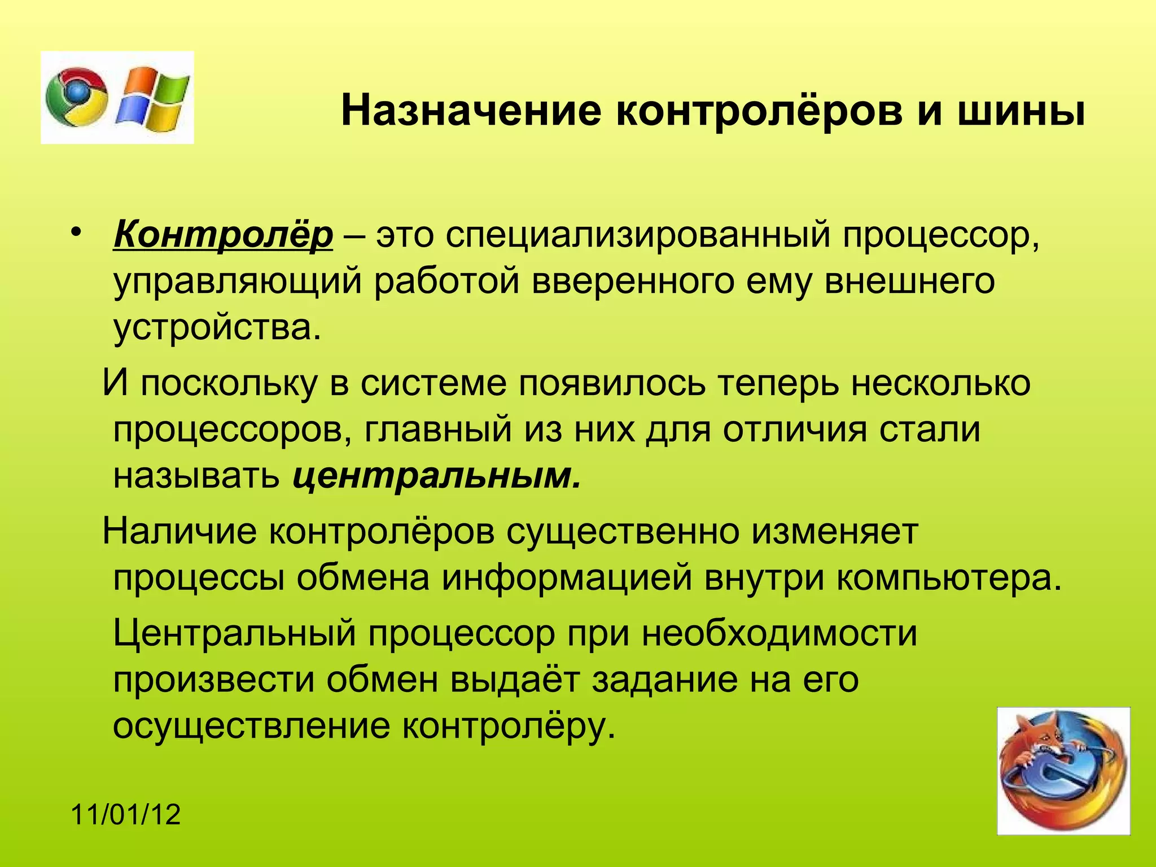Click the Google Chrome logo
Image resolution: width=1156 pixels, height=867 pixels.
pyautogui.click(x=77, y=97)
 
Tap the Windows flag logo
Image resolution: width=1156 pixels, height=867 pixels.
pyautogui.click(x=152, y=97)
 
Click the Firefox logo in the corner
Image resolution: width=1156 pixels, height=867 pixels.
pyautogui.click(x=1063, y=770)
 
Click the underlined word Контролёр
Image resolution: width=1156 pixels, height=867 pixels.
pyautogui.click(x=224, y=235)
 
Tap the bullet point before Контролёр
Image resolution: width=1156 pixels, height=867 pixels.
pyautogui.click(x=77, y=234)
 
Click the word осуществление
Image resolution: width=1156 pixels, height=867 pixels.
pyautogui.click(x=251, y=726)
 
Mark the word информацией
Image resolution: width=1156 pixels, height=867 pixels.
pyautogui.click(x=567, y=578)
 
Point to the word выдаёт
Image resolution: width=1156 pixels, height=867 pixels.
pyautogui.click(x=515, y=680)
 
